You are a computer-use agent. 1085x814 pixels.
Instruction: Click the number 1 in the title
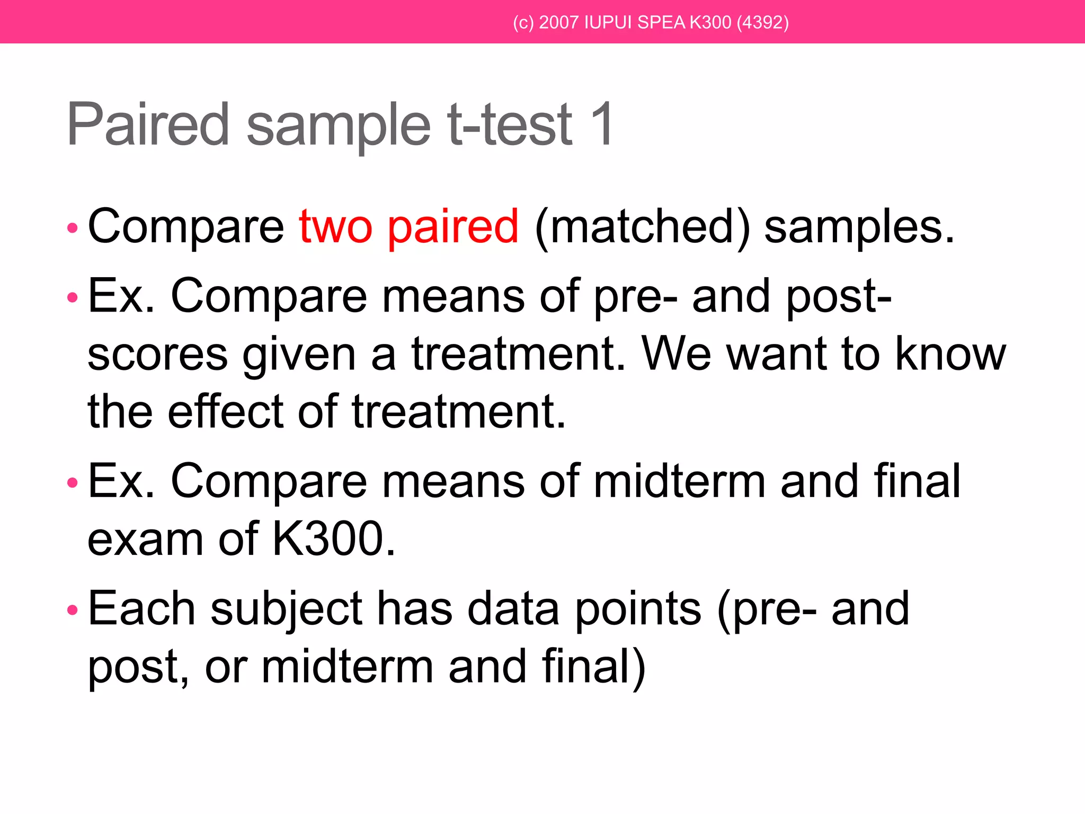point(602,125)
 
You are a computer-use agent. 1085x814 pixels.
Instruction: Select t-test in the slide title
point(510,125)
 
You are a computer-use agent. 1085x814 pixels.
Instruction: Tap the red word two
point(335,227)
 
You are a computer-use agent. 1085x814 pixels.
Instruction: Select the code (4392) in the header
point(762,23)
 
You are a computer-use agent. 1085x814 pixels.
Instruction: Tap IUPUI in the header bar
point(607,23)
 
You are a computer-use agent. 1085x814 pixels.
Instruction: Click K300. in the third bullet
point(334,539)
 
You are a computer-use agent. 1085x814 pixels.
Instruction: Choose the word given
point(299,355)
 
